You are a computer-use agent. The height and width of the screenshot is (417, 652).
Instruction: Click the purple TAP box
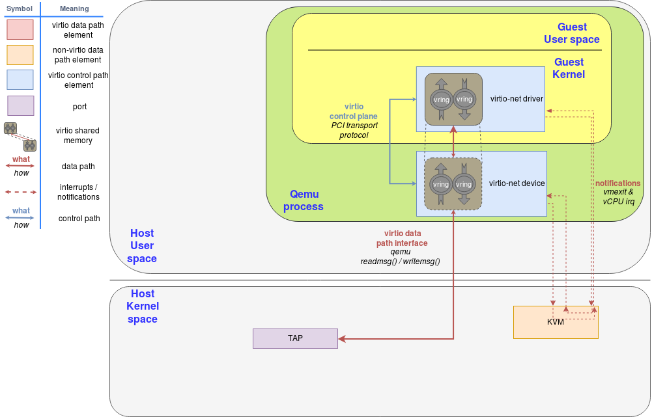[x=295, y=338]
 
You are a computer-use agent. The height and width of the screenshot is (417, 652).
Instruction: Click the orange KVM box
[x=556, y=323]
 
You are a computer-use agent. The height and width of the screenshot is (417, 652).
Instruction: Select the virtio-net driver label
[x=517, y=99]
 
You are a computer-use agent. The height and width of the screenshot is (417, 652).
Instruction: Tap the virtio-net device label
[x=517, y=183]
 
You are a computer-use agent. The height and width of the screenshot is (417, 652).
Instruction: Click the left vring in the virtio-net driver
[x=441, y=100]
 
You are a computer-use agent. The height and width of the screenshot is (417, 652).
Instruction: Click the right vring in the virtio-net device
[x=464, y=184]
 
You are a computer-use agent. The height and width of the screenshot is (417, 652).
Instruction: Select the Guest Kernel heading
[x=569, y=68]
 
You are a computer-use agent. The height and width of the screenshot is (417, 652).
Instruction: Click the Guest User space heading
[x=572, y=33]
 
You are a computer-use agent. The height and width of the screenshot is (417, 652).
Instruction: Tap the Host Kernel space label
[x=143, y=306]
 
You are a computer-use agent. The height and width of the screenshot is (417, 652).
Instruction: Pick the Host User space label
[x=142, y=246]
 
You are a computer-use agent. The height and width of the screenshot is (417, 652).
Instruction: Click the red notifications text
[x=617, y=183]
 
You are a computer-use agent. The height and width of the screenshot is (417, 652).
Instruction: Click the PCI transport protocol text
[x=354, y=130]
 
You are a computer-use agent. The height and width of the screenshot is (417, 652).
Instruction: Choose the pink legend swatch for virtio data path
[x=20, y=30]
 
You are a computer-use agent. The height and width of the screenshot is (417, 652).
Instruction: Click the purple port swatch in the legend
[x=20, y=106]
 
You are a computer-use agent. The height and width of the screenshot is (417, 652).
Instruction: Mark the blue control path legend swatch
[x=20, y=79]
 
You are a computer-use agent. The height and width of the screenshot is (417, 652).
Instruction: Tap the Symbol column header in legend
[x=20, y=8]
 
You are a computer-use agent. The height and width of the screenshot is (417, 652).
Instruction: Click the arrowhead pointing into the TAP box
[x=341, y=338]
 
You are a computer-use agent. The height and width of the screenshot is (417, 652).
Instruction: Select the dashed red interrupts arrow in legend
[x=20, y=192]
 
